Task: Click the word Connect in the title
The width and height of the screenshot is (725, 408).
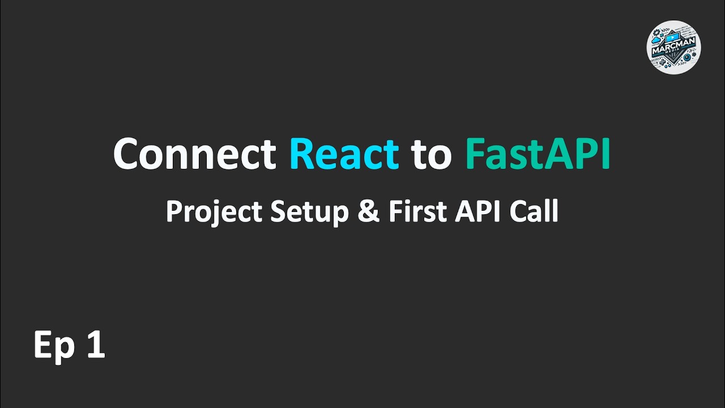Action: (x=194, y=154)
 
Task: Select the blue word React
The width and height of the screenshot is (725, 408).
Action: (x=344, y=154)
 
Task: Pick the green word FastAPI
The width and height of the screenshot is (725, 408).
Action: (x=538, y=154)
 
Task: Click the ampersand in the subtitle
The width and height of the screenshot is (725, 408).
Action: (x=368, y=212)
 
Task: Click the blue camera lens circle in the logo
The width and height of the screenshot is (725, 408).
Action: (x=688, y=57)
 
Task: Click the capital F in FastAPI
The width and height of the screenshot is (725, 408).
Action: (x=474, y=154)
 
